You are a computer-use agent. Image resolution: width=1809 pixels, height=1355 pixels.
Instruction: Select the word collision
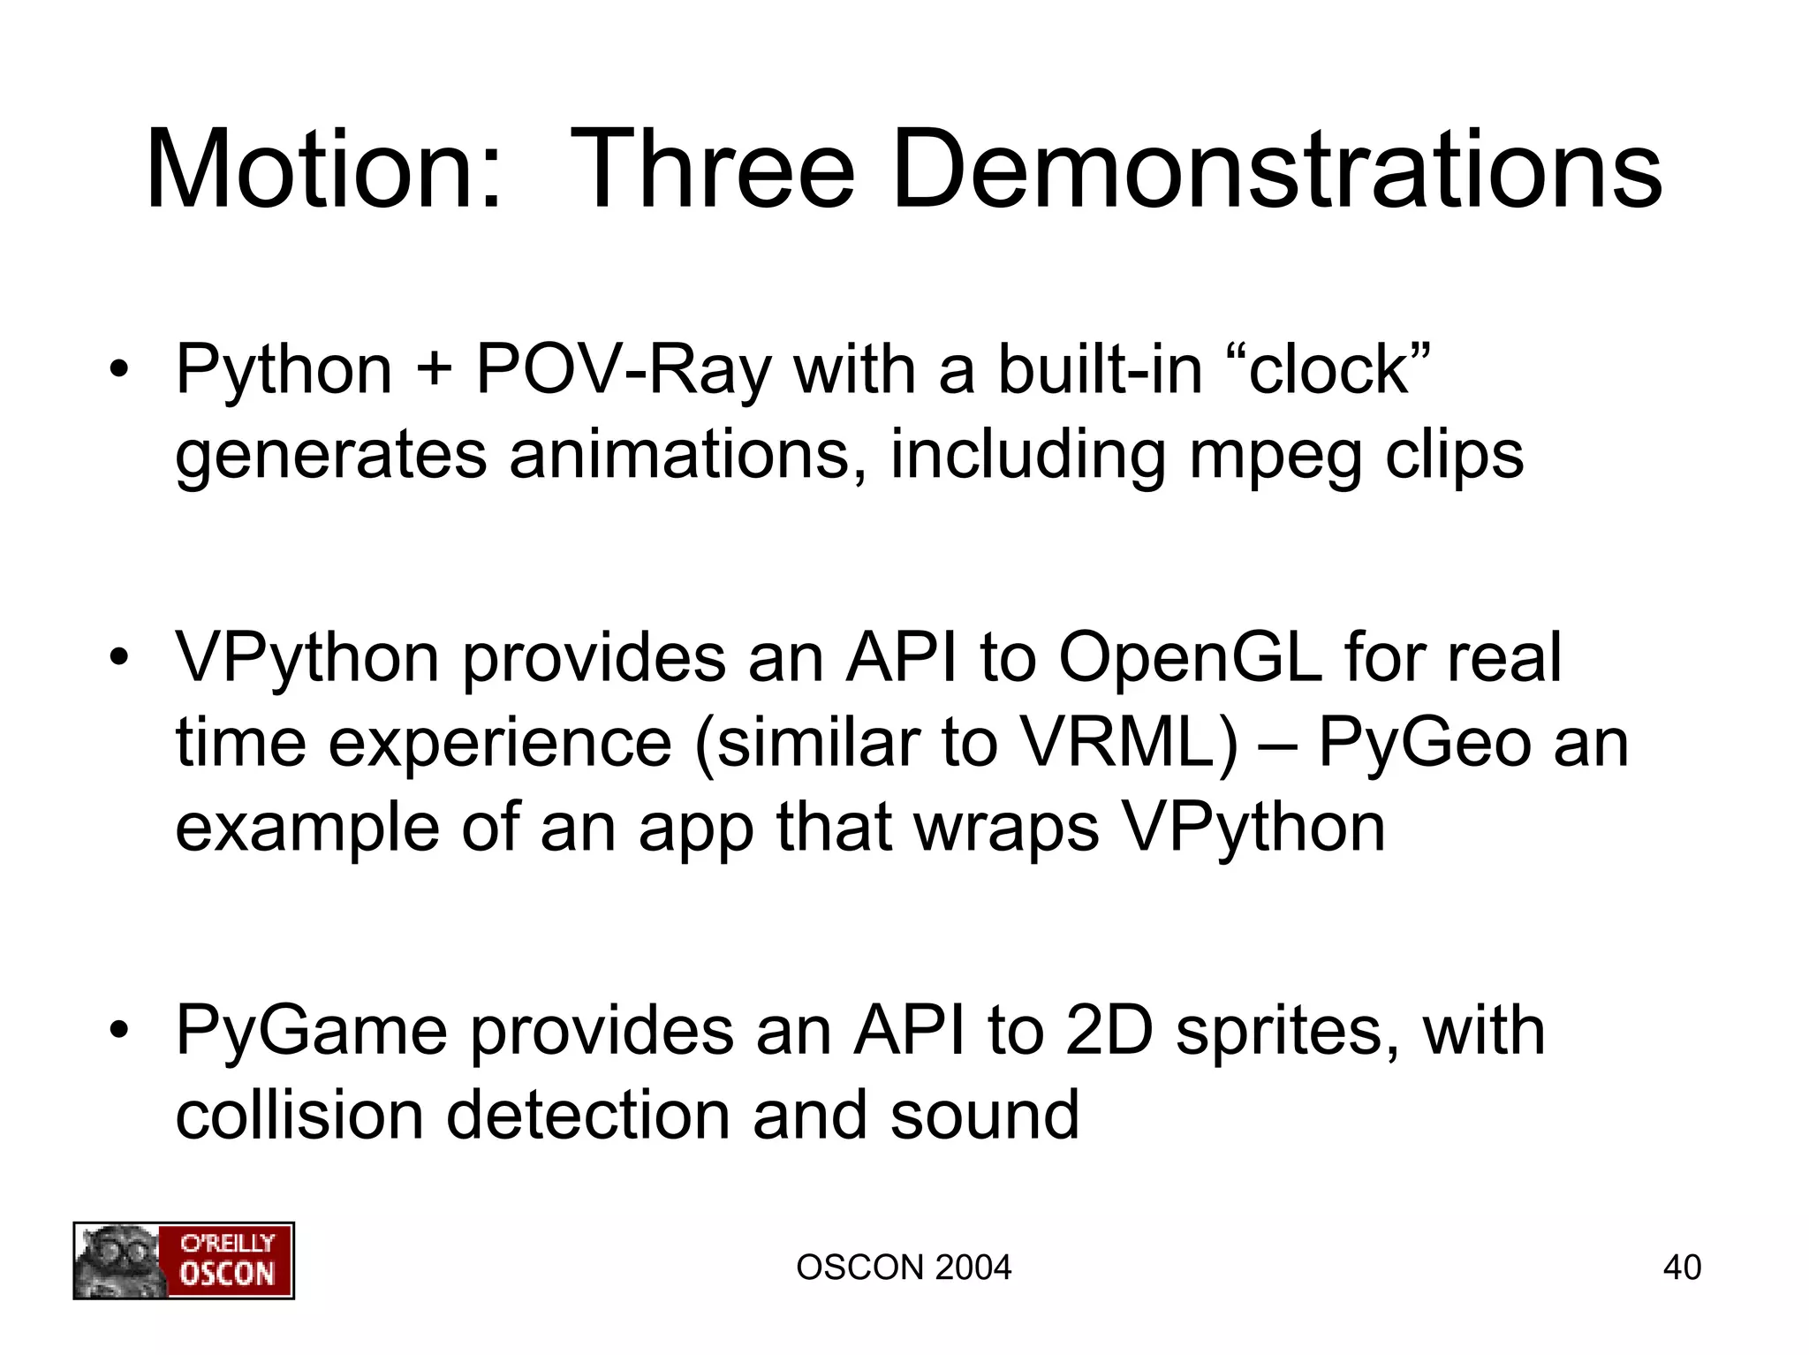(x=300, y=1115)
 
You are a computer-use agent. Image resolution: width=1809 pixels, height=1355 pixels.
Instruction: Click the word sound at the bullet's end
(x=984, y=1115)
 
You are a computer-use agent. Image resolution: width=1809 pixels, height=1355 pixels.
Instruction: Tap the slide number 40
(x=1682, y=1268)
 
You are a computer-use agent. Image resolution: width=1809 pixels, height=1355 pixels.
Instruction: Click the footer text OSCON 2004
(x=904, y=1268)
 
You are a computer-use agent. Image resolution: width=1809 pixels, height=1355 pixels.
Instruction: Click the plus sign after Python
(x=433, y=370)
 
